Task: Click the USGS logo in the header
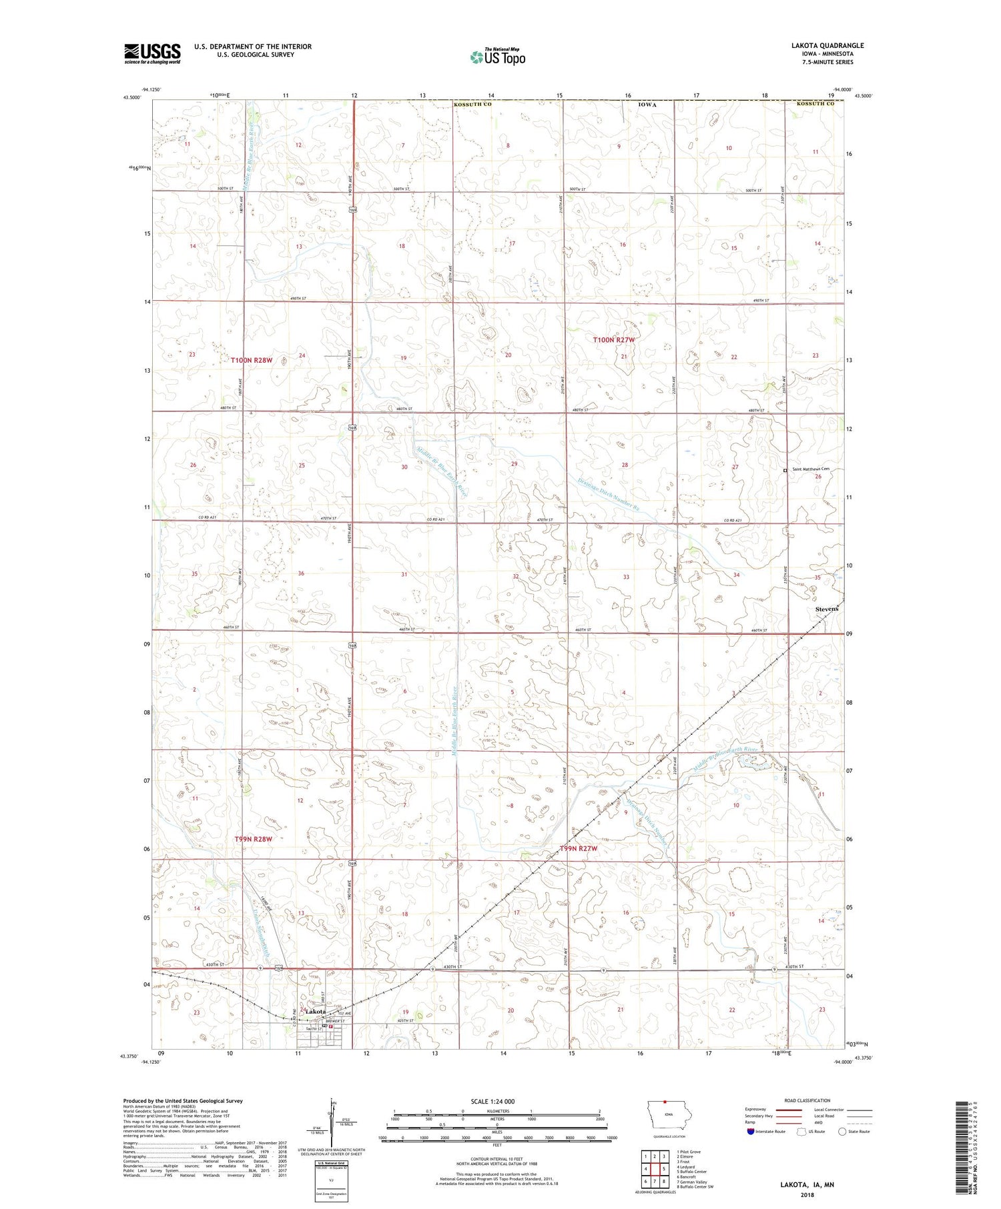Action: (152, 53)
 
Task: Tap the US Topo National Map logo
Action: (497, 57)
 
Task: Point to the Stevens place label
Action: (826, 610)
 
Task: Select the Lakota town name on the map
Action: (312, 1012)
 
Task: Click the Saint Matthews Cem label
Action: (810, 469)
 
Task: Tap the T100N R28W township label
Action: (252, 360)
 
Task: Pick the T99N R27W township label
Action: (577, 848)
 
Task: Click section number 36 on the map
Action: (301, 573)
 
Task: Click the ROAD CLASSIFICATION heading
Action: (807, 1100)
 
